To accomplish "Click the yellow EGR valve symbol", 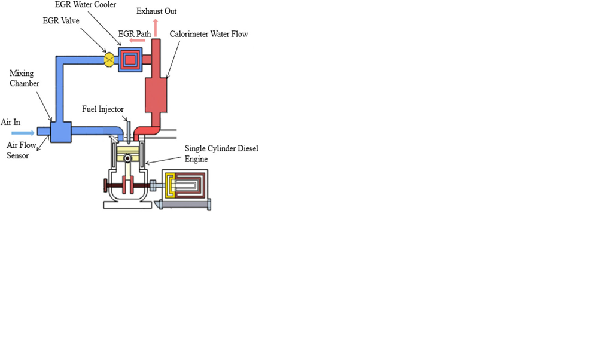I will click(109, 59).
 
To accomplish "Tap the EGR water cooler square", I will click(130, 59).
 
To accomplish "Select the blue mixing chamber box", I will click(60, 131).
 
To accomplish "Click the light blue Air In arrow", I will click(23, 132).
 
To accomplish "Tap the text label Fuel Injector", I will click(103, 109).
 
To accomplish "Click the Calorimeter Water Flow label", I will click(209, 35).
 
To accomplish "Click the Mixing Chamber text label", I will click(25, 78).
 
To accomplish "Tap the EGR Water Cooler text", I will click(95, 5).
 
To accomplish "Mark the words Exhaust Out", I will click(157, 11).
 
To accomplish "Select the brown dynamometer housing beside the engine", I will click(187, 187).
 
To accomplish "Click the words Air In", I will click(10, 122).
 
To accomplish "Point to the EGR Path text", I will click(135, 34).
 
